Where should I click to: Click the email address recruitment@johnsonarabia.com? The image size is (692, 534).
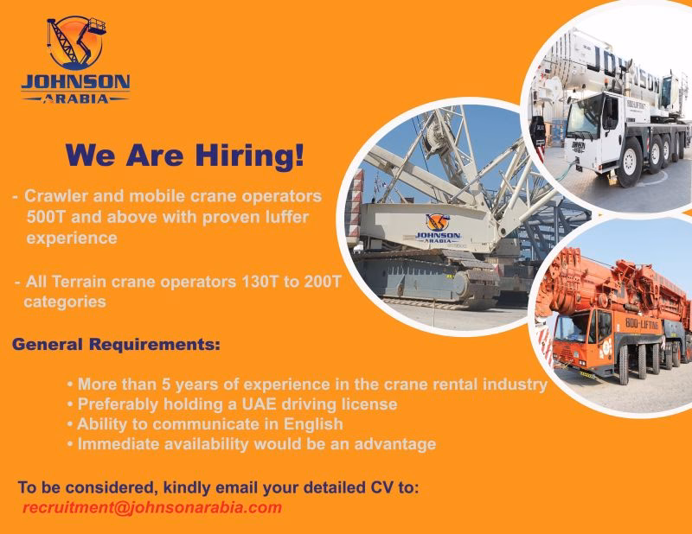pyautogui.click(x=152, y=507)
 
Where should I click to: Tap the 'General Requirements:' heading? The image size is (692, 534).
pyautogui.click(x=116, y=345)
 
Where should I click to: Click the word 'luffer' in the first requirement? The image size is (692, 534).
pyautogui.click(x=283, y=217)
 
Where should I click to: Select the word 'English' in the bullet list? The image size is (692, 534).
pyautogui.click(x=314, y=424)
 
